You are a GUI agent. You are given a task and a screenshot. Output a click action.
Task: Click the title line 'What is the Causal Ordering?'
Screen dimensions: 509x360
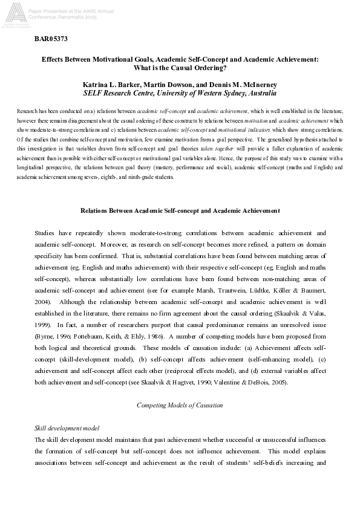coord(180,68)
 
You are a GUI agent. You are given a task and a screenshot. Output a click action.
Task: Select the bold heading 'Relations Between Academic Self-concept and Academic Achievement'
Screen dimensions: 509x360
coord(180,210)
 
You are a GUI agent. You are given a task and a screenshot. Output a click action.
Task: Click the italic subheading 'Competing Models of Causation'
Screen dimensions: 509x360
coord(180,404)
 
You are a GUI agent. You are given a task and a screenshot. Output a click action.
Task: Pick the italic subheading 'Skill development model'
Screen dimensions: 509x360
coord(67,428)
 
